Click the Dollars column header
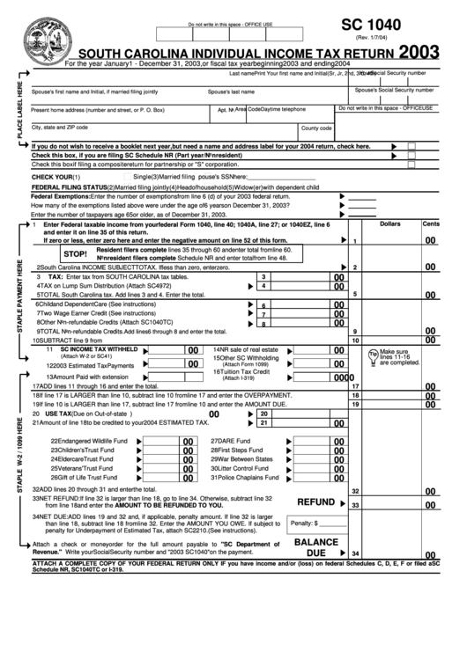coord(389,224)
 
